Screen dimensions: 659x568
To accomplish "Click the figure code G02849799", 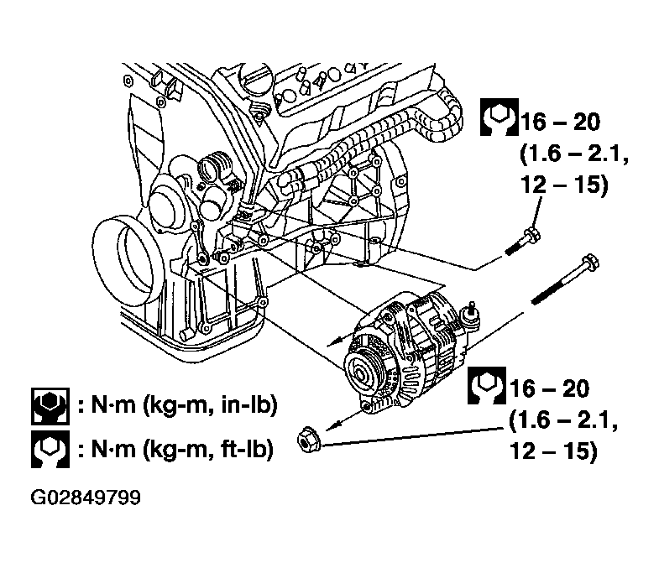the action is coord(86,498).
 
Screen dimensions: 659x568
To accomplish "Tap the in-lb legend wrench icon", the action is coord(50,406).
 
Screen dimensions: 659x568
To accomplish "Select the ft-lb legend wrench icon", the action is coord(50,449).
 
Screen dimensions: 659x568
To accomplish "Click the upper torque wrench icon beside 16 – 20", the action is coord(499,117).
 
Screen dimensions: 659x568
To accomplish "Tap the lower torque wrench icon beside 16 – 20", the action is coord(487,385).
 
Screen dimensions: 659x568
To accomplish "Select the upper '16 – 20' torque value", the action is coord(561,122).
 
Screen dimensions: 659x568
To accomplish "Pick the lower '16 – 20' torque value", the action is coord(549,388).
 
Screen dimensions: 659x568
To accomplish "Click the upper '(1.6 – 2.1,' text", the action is coord(574,154).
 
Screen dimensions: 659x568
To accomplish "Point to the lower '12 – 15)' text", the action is coord(553,451).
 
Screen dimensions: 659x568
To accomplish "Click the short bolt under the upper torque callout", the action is coord(523,242).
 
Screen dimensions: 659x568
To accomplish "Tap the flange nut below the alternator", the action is coord(309,440).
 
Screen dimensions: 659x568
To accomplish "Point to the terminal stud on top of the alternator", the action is coord(473,313).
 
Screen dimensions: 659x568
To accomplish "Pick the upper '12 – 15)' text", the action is coord(564,185).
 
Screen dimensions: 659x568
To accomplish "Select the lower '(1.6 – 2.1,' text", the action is coord(563,420).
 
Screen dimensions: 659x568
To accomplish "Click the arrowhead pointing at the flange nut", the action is coord(332,425).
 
